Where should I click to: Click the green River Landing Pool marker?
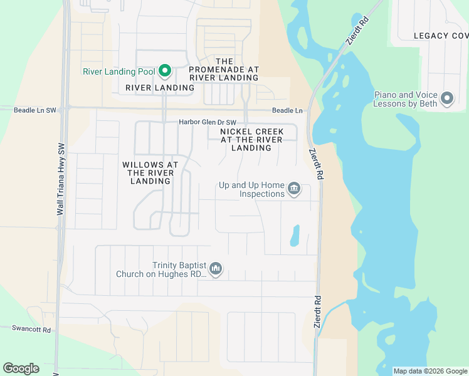[165, 71]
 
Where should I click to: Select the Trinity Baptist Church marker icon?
[216, 269]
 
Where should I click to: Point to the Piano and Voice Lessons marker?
[447, 99]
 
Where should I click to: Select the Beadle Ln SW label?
[35, 110]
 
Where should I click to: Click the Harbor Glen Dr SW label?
[208, 122]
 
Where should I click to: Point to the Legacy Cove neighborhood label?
[441, 36]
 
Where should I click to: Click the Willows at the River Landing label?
[150, 173]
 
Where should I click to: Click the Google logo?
[21, 368]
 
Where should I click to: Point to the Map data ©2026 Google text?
[430, 371]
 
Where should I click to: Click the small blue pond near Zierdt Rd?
[294, 236]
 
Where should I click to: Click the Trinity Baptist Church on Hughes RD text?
[162, 269]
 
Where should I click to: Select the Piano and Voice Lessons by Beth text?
[405, 99]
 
